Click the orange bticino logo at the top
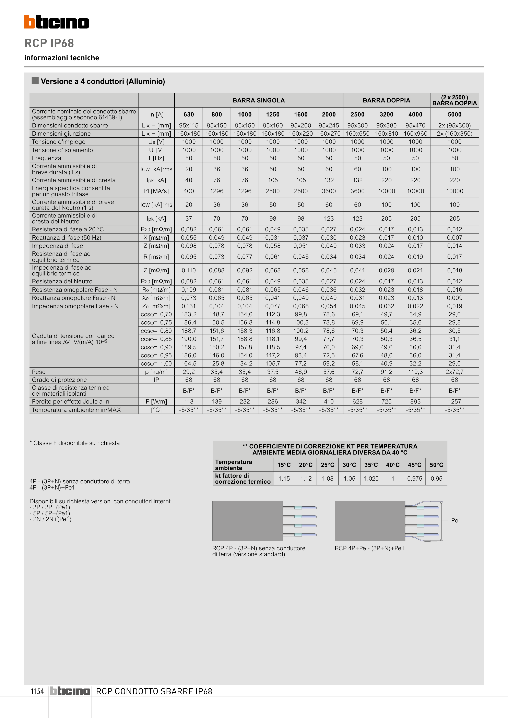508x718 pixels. point(56,22)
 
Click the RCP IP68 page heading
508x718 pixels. point(49,43)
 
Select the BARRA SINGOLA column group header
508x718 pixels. point(259,100)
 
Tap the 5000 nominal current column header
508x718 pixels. point(454,114)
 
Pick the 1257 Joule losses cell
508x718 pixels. point(454,401)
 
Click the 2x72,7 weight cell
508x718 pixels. point(454,372)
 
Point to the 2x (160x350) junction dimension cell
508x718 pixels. point(454,134)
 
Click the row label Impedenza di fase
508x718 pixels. point(58,246)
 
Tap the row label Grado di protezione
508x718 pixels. point(59,380)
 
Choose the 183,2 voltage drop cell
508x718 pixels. point(189,314)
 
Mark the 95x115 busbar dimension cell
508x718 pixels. point(189,125)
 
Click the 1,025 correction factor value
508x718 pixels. point(371,479)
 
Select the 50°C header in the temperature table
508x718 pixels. point(436,465)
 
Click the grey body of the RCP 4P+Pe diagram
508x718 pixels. point(370,521)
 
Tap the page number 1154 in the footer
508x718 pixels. point(37,691)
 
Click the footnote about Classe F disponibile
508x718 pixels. point(74,443)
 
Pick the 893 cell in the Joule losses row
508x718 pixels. point(415,401)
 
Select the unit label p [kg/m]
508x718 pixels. point(156,372)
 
